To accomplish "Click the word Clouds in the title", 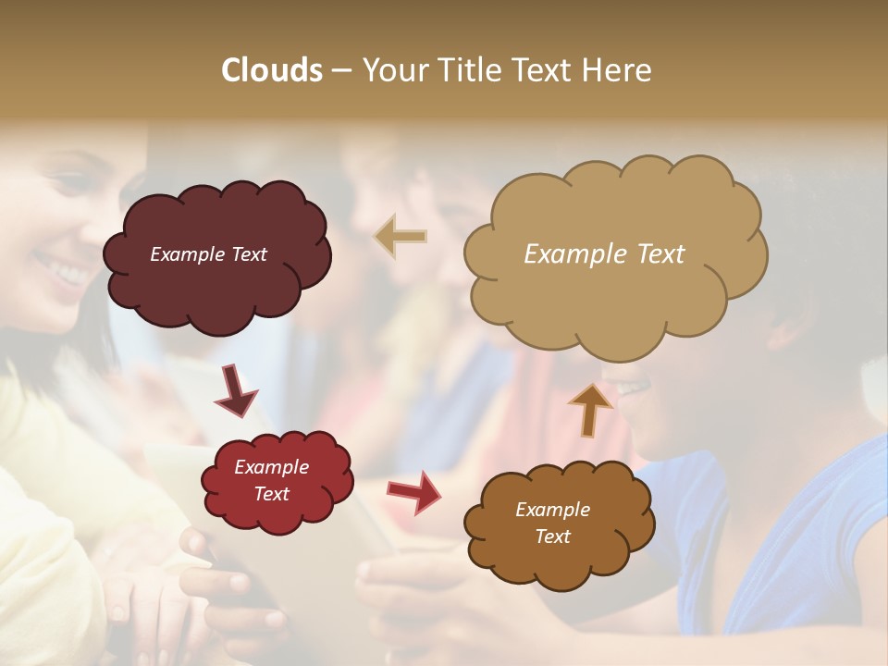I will tap(272, 70).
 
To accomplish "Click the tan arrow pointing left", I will tap(400, 237).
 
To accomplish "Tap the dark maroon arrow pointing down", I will tap(237, 390).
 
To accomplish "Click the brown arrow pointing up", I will tap(589, 408).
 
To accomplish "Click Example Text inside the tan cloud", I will tap(604, 254).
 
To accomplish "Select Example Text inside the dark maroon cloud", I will tap(208, 254).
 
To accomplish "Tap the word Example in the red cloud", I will tap(271, 467).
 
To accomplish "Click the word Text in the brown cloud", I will tap(552, 536).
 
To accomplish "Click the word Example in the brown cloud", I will tap(552, 510).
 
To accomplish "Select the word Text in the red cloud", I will tap(271, 494).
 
